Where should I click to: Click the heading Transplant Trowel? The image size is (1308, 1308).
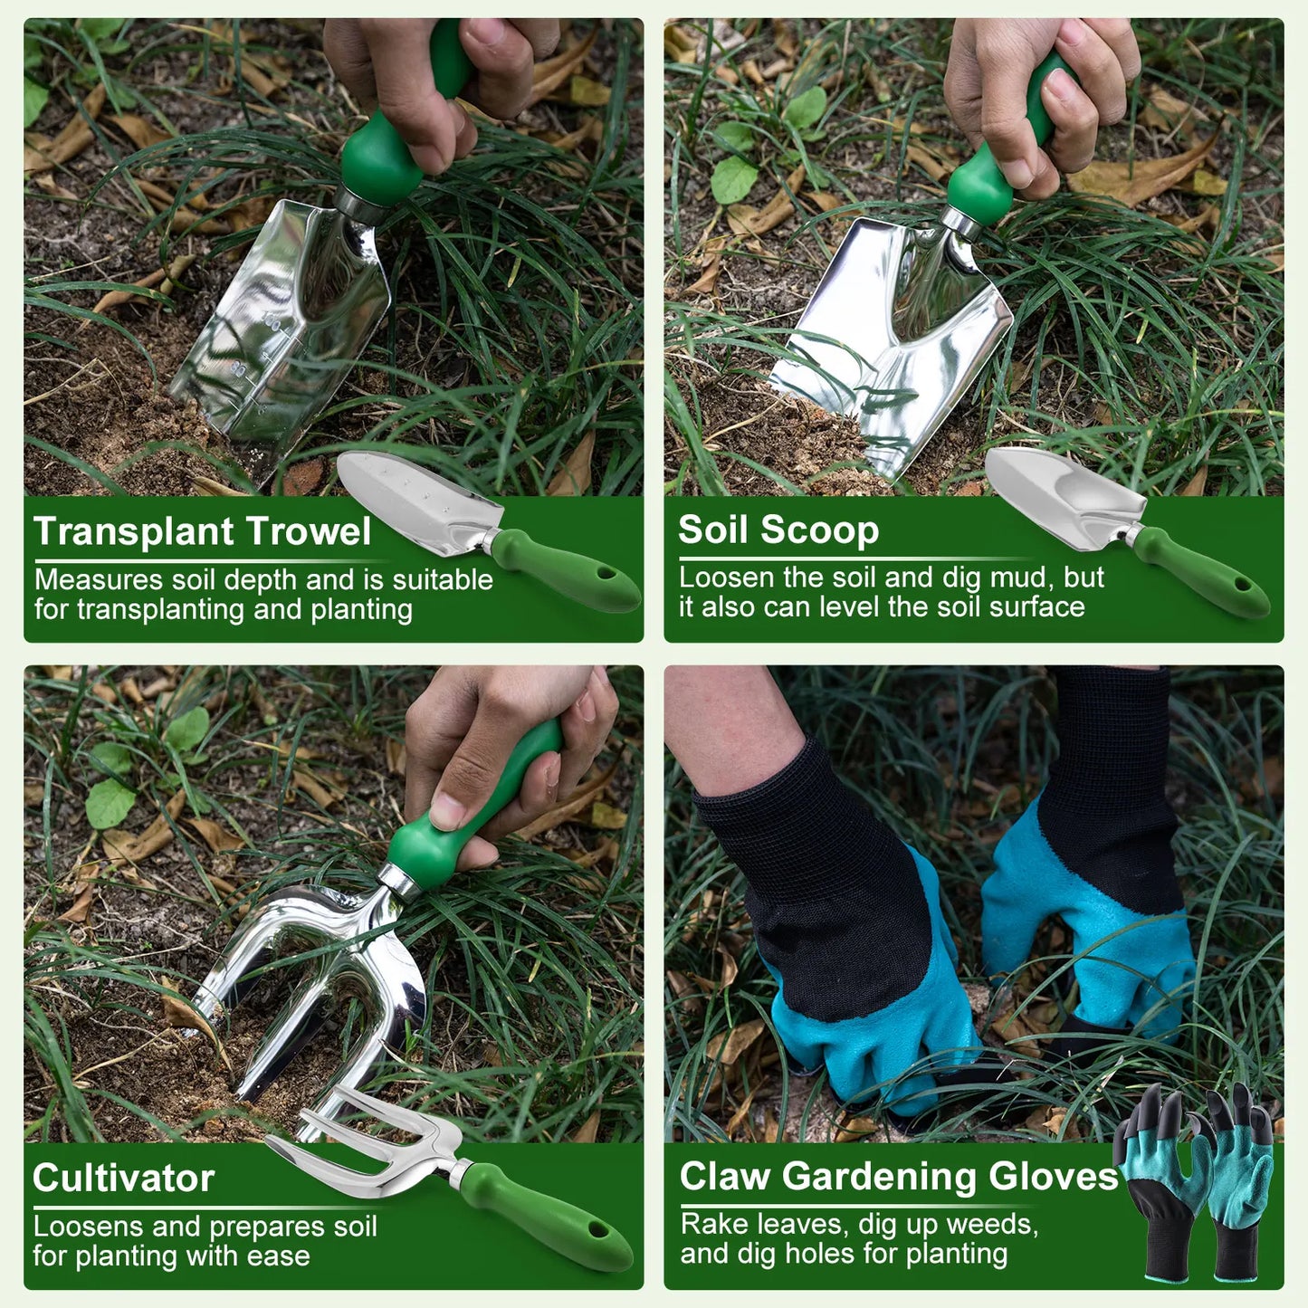coord(202,531)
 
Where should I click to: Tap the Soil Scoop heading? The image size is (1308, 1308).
coord(778,530)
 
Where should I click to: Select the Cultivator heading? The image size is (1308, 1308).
coord(123,1178)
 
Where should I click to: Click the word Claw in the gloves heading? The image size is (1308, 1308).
coord(724,1176)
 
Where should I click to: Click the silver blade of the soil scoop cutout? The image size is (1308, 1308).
coord(1060,493)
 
